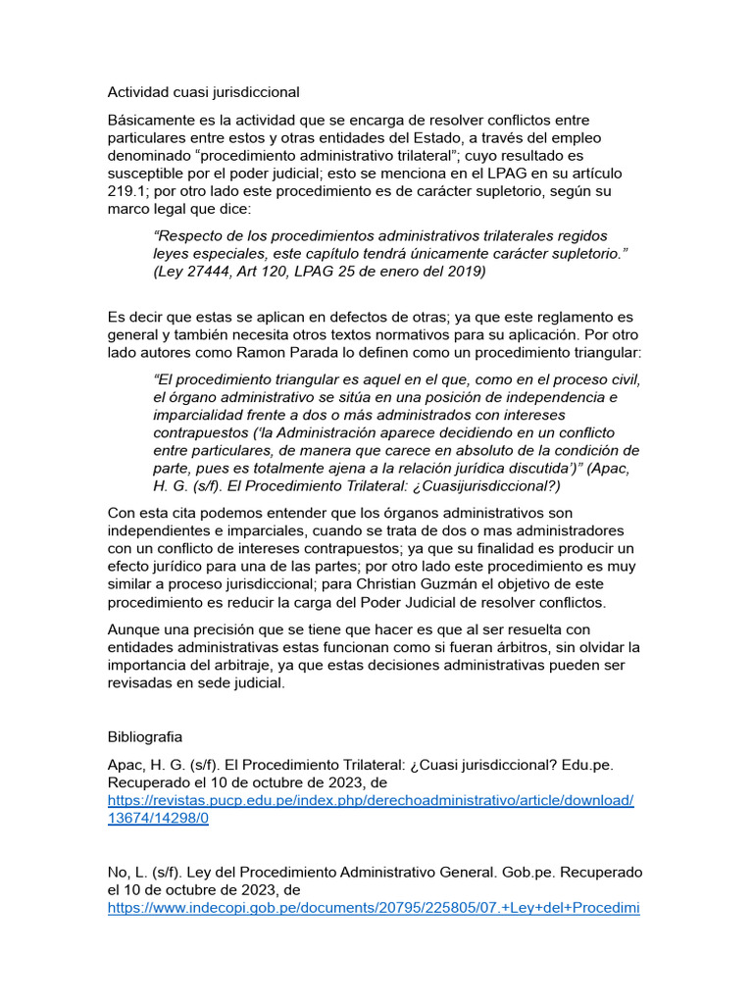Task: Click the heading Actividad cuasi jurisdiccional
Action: tap(203, 92)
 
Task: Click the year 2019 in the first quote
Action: tap(463, 272)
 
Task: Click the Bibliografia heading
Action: tap(146, 735)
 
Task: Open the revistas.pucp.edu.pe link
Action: tap(371, 800)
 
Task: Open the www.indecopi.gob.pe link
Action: tap(373, 908)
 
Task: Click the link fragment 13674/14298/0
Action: tap(158, 819)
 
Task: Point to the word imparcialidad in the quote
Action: tap(201, 415)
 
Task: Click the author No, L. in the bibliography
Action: tap(126, 872)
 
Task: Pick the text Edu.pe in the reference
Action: tap(559, 764)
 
